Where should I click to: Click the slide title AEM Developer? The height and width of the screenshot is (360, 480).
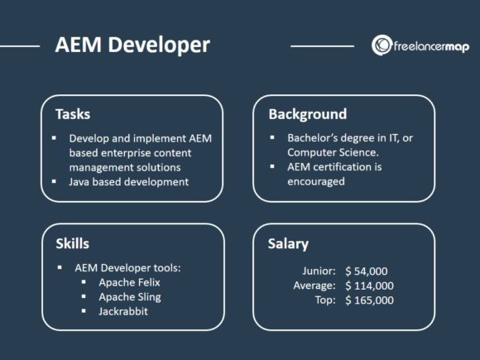pos(132,45)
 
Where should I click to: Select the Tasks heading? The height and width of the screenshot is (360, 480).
pos(73,113)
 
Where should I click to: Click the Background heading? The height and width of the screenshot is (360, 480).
pos(307,113)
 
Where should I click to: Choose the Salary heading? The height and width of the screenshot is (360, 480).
pos(289,243)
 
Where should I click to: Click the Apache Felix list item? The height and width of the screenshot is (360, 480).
pos(130,282)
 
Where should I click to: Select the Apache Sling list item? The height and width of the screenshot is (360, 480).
pos(130,296)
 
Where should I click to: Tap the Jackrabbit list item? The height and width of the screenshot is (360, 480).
pos(125,311)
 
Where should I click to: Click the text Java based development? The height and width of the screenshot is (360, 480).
pos(130,181)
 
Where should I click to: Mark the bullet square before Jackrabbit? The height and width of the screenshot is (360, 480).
pos(85,311)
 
